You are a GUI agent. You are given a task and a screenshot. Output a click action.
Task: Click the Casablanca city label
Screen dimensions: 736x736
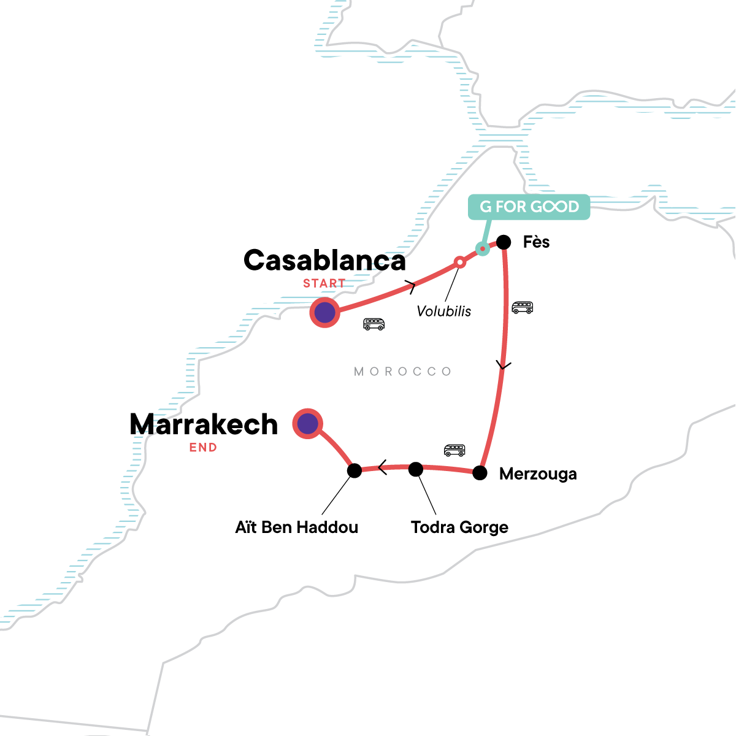[x=324, y=261]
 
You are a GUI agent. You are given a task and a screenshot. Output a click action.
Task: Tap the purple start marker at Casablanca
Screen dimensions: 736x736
[x=324, y=313]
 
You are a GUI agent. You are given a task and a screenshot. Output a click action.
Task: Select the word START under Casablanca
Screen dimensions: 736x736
[x=324, y=283]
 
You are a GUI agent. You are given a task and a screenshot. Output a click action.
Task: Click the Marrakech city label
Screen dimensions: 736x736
[x=204, y=424]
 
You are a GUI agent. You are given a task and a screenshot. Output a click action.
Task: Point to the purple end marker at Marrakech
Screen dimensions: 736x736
[x=308, y=423]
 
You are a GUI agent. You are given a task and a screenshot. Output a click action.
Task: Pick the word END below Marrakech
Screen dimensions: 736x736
[x=203, y=448]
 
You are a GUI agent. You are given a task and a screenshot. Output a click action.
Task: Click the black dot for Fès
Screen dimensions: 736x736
[x=504, y=242]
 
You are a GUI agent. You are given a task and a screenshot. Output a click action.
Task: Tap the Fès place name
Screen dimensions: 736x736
[x=536, y=242]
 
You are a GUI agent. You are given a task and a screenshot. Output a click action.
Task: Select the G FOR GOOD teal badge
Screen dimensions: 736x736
[x=529, y=207]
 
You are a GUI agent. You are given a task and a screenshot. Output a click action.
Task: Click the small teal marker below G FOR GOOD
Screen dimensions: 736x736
[x=483, y=248]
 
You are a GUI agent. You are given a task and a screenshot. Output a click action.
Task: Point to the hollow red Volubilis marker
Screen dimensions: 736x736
[x=459, y=262]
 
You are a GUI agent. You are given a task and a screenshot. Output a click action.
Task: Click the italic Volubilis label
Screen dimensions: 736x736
[x=444, y=311]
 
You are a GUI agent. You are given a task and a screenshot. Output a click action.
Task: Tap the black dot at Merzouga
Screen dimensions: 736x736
[x=480, y=473]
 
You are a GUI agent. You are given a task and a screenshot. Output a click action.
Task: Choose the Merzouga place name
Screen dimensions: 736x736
[x=538, y=474]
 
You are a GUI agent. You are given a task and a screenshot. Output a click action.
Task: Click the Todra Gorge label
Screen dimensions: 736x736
[x=459, y=527]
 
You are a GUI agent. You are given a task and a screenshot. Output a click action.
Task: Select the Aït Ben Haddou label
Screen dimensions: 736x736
[x=297, y=527]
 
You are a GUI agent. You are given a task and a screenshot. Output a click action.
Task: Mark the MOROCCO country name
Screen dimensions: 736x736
[x=403, y=372]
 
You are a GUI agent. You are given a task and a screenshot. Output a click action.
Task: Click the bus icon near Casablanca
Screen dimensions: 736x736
[x=374, y=324]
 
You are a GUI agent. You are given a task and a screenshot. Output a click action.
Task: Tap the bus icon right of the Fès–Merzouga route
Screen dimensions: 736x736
[x=522, y=307]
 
